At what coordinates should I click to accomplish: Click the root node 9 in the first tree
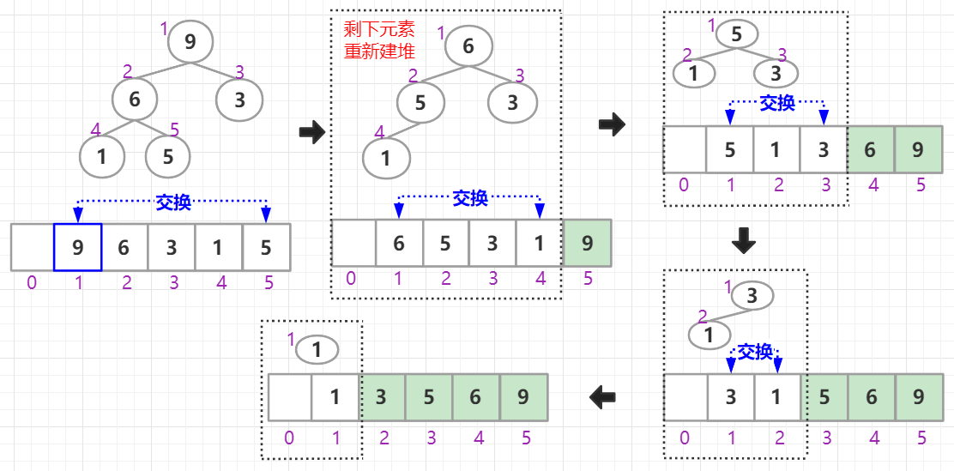[190, 41]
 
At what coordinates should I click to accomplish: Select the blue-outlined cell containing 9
[78, 247]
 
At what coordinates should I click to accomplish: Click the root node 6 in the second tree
[468, 46]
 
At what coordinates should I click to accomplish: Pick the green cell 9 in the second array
[587, 243]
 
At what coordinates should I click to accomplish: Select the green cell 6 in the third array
[870, 149]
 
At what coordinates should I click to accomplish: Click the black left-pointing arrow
[603, 396]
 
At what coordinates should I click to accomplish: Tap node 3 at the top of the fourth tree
[752, 297]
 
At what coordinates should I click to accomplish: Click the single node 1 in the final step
[317, 349]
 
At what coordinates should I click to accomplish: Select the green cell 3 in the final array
[383, 396]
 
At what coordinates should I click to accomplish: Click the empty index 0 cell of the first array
[32, 247]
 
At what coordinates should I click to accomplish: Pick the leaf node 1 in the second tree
[386, 158]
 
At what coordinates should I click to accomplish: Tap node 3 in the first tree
[239, 100]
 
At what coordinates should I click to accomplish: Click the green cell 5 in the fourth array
[824, 396]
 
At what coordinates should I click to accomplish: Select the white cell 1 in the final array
[335, 396]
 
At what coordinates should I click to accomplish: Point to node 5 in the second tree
[420, 103]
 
